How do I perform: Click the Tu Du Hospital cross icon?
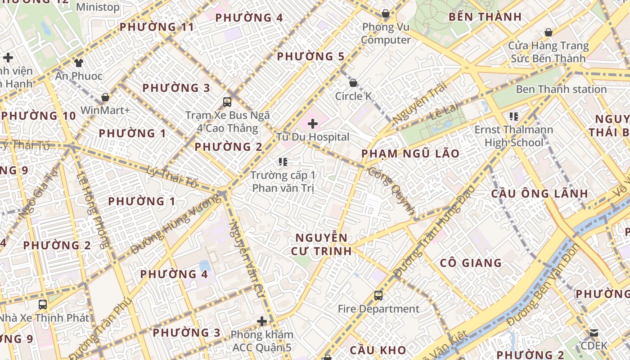tap(313, 124)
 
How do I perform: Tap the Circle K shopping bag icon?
tap(353, 83)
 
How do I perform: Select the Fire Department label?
tap(378, 309)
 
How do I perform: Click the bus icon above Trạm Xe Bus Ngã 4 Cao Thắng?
tap(227, 102)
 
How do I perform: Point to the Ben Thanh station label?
tap(561, 89)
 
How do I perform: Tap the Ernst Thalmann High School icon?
tap(513, 117)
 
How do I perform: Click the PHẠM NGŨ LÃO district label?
tap(410, 153)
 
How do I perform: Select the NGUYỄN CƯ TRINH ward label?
tap(321, 244)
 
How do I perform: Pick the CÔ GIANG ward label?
tap(471, 263)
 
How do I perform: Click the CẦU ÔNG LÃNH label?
tap(539, 193)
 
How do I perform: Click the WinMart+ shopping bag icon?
tap(105, 97)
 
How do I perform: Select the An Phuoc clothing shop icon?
tap(79, 63)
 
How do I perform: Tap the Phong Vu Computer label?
tap(386, 33)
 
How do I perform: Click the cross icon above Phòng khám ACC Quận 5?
tap(262, 321)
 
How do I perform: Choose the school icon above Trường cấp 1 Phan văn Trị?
tap(283, 162)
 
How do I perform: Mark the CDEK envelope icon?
tap(594, 333)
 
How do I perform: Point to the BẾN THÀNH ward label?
tap(485, 17)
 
